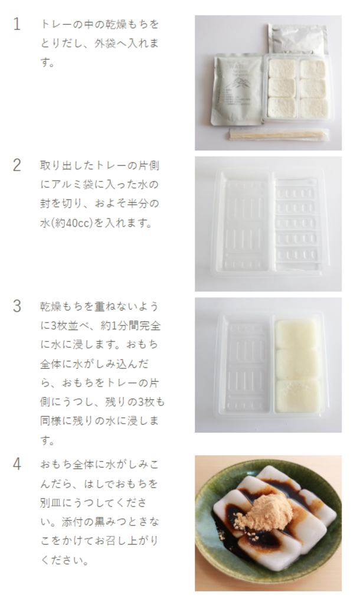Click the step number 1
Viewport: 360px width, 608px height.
pyautogui.click(x=17, y=24)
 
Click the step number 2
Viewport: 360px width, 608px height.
pyautogui.click(x=17, y=165)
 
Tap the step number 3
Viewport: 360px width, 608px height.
pyautogui.click(x=17, y=306)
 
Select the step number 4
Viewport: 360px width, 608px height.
pyautogui.click(x=17, y=464)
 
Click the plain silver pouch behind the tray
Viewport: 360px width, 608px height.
pyautogui.click(x=297, y=39)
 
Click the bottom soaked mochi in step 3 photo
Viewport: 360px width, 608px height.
pyautogui.click(x=297, y=395)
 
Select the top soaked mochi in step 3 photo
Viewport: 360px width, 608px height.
pyautogui.click(x=296, y=334)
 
